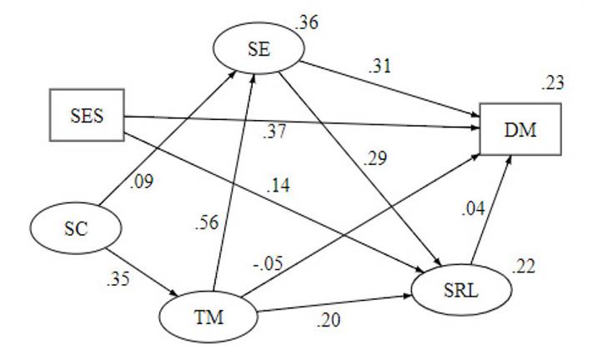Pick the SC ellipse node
pyautogui.click(x=77, y=229)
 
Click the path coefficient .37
pyautogui.click(x=275, y=131)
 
